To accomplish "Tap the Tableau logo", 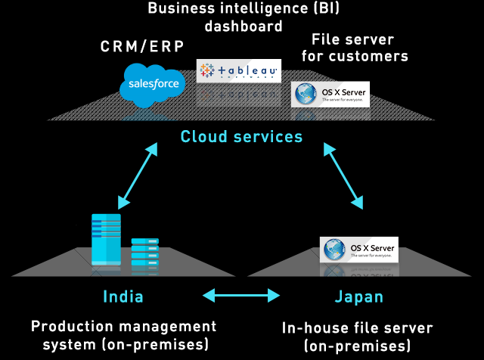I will [237, 71].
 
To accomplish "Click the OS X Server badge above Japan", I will [359, 249].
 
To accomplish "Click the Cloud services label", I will [241, 137].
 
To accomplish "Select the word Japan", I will [358, 296].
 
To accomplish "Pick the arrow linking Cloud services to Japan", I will [346, 175].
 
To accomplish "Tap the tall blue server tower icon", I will [106, 238].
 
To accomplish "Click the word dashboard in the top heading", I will [243, 26].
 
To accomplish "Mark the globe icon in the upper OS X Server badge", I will [306, 94].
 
